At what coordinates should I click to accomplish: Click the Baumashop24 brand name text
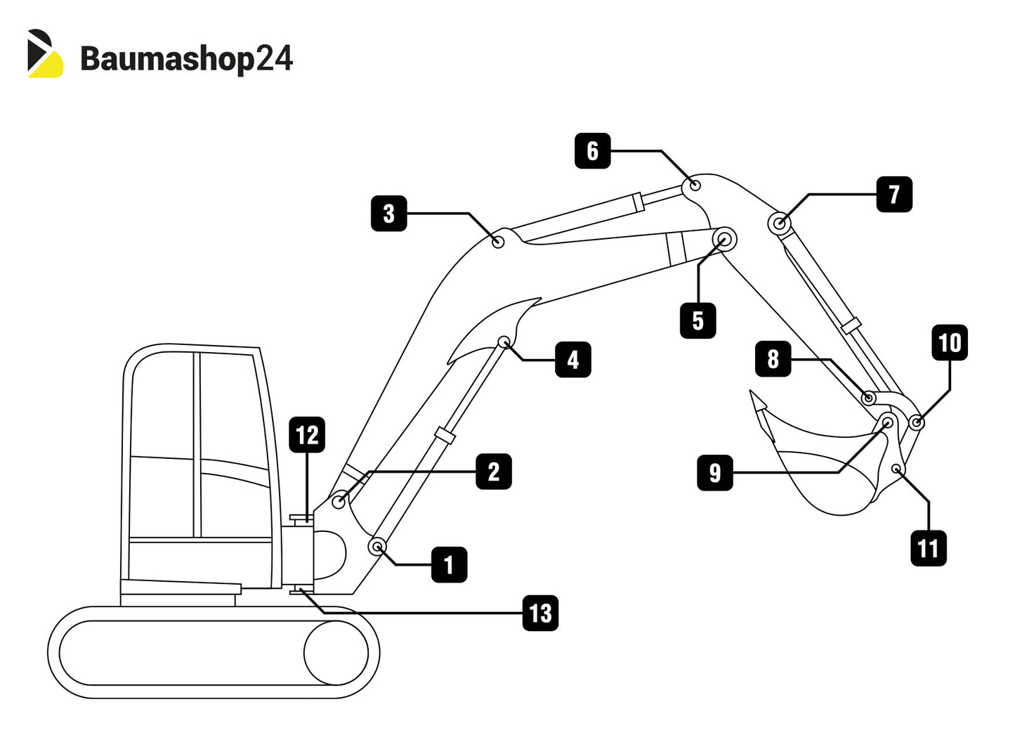(186, 58)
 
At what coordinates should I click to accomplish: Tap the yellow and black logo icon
(45, 53)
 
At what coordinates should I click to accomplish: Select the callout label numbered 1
(450, 564)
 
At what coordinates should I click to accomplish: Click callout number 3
(389, 214)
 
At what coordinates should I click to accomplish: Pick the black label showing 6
(593, 150)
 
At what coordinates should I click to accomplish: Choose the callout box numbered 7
(894, 195)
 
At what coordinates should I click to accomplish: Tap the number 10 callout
(949, 343)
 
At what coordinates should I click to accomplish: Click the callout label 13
(540, 613)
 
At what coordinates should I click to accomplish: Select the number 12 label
(307, 435)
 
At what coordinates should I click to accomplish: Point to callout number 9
(715, 472)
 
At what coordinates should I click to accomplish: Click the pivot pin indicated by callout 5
(724, 240)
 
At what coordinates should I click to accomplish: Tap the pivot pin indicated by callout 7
(780, 224)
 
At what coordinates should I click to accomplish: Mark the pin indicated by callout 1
(378, 546)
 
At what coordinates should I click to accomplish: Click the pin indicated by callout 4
(504, 342)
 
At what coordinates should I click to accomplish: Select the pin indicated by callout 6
(695, 186)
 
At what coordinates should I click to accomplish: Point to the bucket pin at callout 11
(896, 469)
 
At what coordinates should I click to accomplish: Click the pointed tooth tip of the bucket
(756, 398)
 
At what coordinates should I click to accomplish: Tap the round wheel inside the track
(336, 653)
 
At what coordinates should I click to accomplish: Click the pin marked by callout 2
(339, 501)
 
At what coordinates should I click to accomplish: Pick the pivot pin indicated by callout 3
(498, 242)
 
